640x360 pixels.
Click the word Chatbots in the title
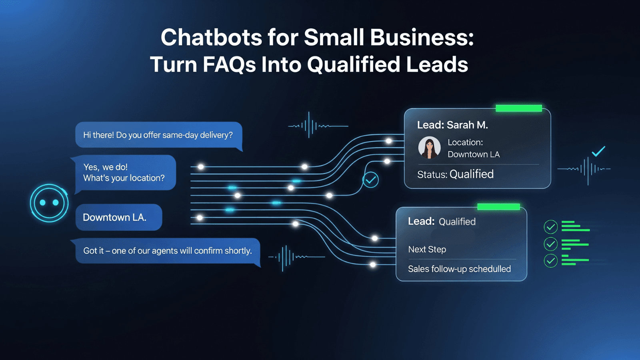point(212,38)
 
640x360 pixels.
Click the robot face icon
point(49,203)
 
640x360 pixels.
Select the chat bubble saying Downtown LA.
point(119,217)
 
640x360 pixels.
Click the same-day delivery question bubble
point(159,135)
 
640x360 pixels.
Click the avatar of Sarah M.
point(429,148)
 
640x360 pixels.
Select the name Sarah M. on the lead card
point(468,125)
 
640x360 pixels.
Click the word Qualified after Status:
point(472,174)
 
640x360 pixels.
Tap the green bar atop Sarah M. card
point(519,108)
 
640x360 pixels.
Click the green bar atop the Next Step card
point(498,206)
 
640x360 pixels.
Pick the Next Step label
point(427,250)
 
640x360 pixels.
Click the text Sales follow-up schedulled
point(460,269)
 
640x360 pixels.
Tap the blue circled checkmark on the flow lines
point(370,180)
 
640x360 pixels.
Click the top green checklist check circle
point(550,227)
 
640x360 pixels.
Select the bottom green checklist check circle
point(550,260)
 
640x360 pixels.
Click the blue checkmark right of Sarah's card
point(598,151)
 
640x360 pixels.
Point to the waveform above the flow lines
point(318,125)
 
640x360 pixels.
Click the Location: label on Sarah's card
point(465,142)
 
